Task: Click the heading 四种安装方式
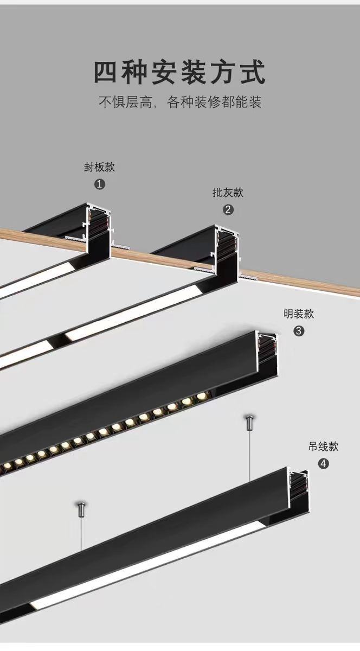(180, 72)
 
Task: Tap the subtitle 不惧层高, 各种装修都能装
(180, 102)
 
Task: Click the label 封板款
(99, 167)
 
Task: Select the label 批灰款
(228, 192)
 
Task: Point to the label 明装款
(299, 314)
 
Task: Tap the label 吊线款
(323, 446)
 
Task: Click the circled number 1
(99, 184)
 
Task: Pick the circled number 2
(228, 209)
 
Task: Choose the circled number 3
(299, 330)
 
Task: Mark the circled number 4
(323, 463)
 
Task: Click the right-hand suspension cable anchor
(249, 422)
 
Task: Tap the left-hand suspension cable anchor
(81, 509)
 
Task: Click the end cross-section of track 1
(100, 228)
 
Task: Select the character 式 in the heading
(254, 72)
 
